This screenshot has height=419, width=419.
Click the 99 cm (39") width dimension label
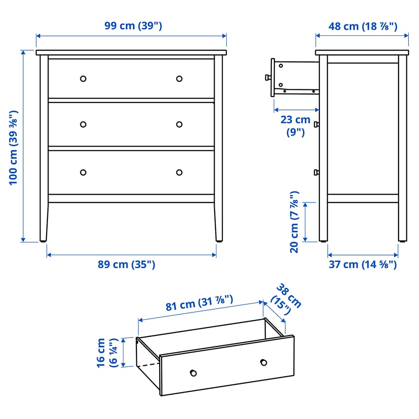click(133, 26)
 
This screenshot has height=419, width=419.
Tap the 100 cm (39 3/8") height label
click(14, 148)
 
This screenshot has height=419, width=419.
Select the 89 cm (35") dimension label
click(126, 264)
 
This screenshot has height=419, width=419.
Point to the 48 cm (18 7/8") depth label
click(363, 26)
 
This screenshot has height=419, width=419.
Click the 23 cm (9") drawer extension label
click(295, 125)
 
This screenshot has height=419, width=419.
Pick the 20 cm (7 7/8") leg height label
click(294, 222)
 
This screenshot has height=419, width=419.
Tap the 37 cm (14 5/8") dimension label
click(363, 264)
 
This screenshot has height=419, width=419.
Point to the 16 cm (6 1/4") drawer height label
click(107, 352)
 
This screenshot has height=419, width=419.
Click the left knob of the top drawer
click(83, 79)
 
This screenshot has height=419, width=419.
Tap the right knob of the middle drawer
click(179, 124)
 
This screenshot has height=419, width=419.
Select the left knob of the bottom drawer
click(83, 172)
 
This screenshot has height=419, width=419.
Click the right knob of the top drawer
click(179, 79)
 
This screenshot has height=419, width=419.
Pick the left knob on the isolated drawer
click(193, 372)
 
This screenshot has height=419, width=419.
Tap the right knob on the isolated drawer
click(264, 362)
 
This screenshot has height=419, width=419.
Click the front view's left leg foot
click(43, 240)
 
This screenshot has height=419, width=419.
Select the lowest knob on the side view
click(316, 172)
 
